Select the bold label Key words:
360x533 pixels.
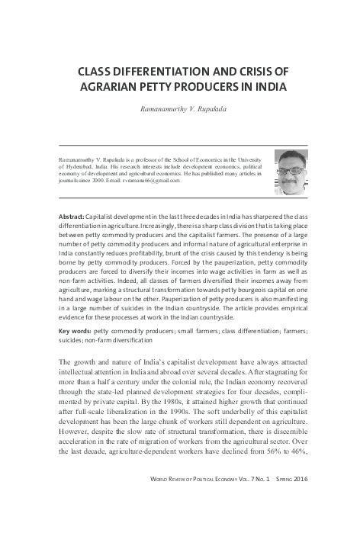click(74, 332)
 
